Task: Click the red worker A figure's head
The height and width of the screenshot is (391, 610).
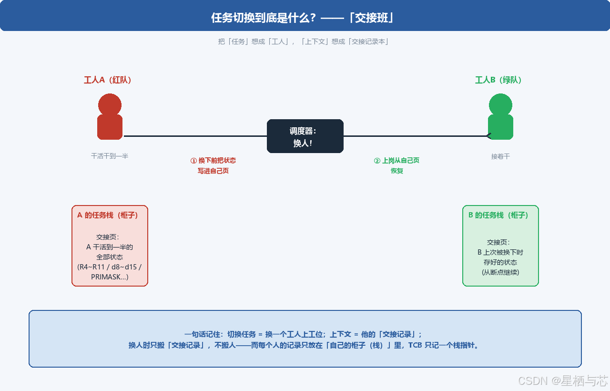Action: tap(110, 105)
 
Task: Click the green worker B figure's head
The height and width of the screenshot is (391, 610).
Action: tap(500, 105)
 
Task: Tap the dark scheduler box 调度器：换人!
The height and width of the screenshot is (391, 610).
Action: tap(305, 136)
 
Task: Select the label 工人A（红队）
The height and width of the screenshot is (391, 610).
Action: tap(108, 80)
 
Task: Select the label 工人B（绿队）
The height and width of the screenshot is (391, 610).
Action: tap(498, 80)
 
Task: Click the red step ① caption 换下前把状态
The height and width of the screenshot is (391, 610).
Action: tap(213, 161)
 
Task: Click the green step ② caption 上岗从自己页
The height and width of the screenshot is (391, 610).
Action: tap(397, 161)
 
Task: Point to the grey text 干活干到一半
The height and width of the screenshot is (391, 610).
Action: tap(110, 156)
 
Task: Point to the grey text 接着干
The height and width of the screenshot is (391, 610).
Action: tap(500, 156)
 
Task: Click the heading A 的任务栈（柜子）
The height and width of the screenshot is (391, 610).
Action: tap(107, 215)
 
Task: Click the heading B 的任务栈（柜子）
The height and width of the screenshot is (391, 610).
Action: tap(498, 215)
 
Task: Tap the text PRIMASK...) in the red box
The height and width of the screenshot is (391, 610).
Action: tap(110, 277)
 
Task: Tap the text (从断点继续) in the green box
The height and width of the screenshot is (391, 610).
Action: tap(500, 272)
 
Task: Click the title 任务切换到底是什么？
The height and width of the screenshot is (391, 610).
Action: tap(264, 18)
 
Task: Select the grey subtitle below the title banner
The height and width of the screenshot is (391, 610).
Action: tap(303, 41)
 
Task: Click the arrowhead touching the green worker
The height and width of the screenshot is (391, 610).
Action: tap(488, 136)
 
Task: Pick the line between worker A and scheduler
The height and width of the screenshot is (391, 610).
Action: tap(195, 136)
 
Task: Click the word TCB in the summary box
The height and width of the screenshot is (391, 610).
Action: tap(415, 345)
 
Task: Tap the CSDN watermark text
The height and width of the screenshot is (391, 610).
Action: tap(563, 381)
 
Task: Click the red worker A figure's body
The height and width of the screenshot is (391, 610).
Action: tap(110, 127)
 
